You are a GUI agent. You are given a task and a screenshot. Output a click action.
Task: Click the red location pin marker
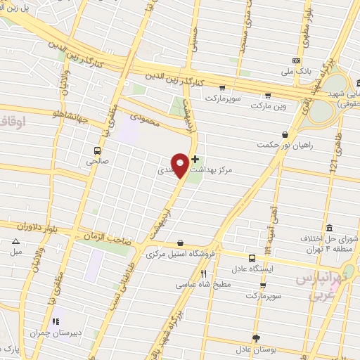pos(180,165)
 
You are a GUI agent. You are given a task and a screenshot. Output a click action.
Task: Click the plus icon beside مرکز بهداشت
pos(195,160)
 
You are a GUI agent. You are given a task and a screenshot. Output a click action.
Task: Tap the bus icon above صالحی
pos(98,150)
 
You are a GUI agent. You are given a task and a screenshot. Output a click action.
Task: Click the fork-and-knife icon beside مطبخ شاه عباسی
pos(203,274)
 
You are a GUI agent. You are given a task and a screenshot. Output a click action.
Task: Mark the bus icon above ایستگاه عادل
pos(252,257)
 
